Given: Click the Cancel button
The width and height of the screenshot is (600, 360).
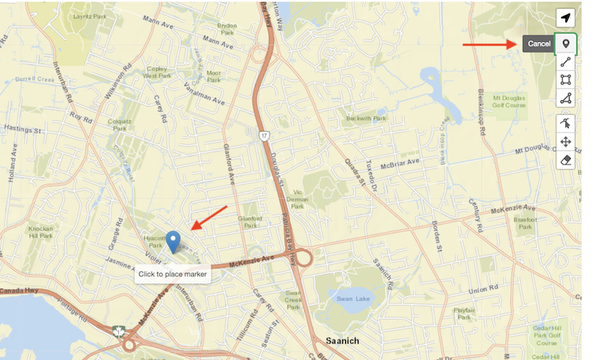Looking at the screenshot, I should pyautogui.click(x=538, y=44).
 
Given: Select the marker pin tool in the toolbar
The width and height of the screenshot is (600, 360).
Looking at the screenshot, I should pyautogui.click(x=566, y=44).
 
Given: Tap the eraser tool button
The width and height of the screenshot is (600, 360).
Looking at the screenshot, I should pyautogui.click(x=566, y=159).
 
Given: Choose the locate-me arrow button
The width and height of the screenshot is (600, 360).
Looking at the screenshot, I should pyautogui.click(x=566, y=18).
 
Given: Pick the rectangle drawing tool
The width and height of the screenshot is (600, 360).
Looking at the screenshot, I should pyautogui.click(x=566, y=79).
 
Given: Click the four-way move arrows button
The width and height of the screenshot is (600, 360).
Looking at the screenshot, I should pyautogui.click(x=566, y=141).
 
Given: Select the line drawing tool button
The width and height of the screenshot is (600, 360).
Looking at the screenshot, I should pyautogui.click(x=566, y=62).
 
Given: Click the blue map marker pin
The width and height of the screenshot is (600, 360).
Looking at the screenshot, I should pyautogui.click(x=173, y=242).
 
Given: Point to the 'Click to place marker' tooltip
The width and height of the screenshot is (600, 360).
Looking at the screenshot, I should pyautogui.click(x=172, y=274).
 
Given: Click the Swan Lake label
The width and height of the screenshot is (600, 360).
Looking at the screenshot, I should pyautogui.click(x=351, y=298).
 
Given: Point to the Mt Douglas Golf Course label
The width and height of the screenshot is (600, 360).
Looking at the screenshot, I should pyautogui.click(x=509, y=101).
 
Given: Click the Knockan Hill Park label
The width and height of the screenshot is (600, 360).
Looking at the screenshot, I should pyautogui.click(x=40, y=232).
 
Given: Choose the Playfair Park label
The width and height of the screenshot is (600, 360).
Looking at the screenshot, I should pyautogui.click(x=464, y=314).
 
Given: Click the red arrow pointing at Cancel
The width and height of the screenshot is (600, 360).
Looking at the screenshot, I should pyautogui.click(x=489, y=44).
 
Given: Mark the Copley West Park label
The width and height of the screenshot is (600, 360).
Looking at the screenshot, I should pyautogui.click(x=156, y=72).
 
